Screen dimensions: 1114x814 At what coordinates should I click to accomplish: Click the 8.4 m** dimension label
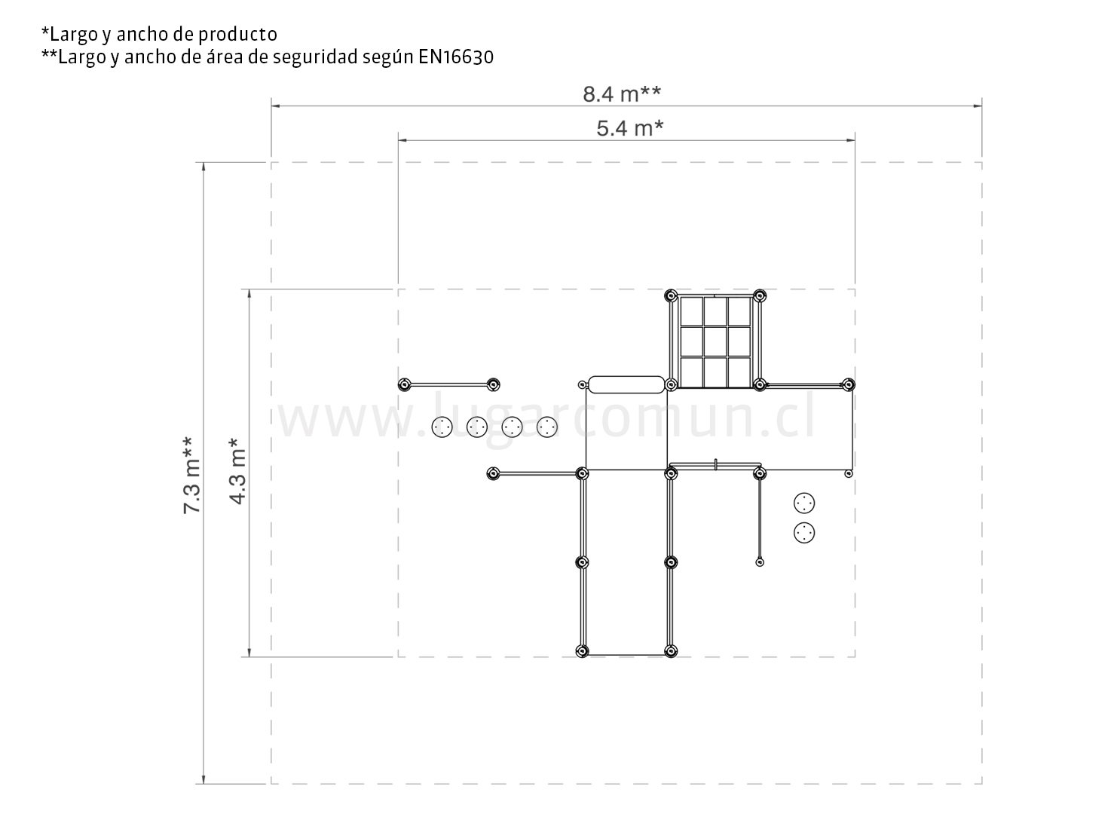tap(622, 94)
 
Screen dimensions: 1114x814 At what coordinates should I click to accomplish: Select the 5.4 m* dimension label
tap(629, 128)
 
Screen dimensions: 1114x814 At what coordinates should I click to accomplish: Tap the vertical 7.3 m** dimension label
tap(191, 475)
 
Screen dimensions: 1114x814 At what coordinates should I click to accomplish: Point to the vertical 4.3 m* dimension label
tap(237, 470)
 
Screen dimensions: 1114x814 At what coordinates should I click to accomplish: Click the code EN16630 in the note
tap(456, 57)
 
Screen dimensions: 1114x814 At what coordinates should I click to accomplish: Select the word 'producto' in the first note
tap(237, 35)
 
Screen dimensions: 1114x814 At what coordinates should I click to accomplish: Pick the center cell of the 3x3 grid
tap(715, 341)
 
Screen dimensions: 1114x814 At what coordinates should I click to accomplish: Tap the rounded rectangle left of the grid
tap(626, 384)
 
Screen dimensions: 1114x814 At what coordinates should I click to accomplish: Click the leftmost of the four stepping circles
tap(442, 427)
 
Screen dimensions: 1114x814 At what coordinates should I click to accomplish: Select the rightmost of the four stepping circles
tap(547, 427)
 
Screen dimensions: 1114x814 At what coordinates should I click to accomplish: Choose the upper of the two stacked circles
tap(804, 503)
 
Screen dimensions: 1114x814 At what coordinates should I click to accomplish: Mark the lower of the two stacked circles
tap(804, 533)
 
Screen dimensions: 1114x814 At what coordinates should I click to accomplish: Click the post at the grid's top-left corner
tap(671, 296)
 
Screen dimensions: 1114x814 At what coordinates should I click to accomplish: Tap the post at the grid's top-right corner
tap(760, 296)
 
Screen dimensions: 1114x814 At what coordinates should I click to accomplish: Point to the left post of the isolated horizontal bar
tap(404, 384)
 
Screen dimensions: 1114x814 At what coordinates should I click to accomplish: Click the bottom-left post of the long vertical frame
tap(582, 651)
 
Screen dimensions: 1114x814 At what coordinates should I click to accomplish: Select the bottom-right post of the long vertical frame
tap(671, 651)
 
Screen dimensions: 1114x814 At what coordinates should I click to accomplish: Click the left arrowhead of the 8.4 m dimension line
tap(275, 106)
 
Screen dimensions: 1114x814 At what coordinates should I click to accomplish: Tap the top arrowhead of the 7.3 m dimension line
tap(204, 166)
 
